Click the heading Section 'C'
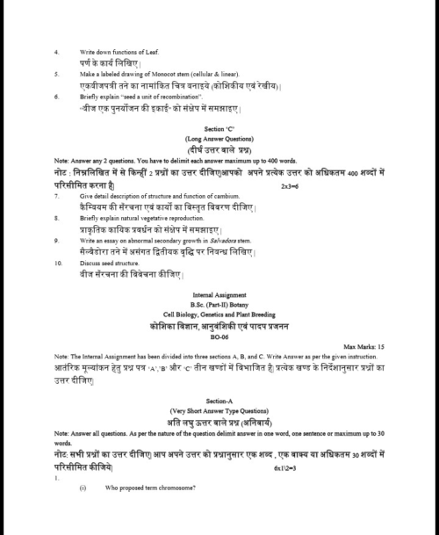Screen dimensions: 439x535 click(219, 128)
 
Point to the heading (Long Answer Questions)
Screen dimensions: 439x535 click(219, 139)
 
